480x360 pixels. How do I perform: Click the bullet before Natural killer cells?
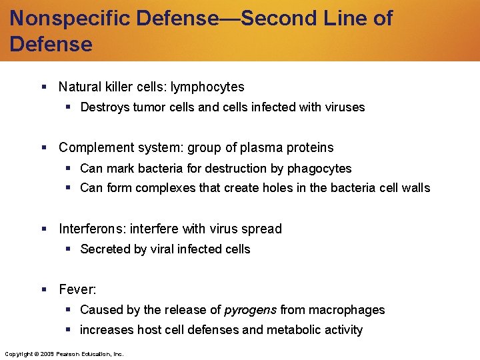click(x=43, y=87)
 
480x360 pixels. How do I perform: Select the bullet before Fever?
click(x=43, y=290)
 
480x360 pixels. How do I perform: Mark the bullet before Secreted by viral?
click(x=67, y=249)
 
